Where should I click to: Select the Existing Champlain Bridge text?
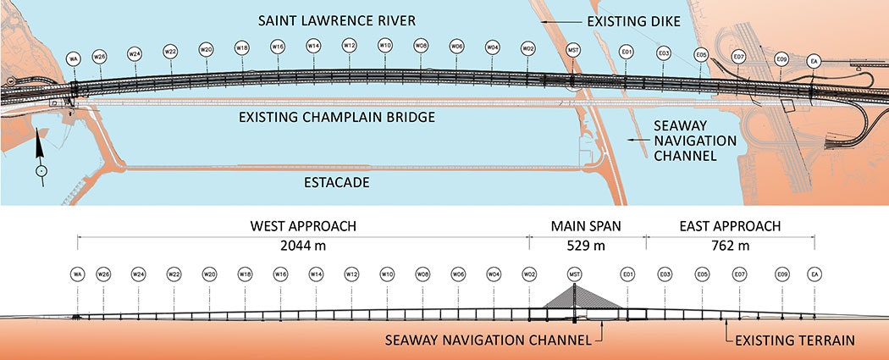pyautogui.click(x=337, y=117)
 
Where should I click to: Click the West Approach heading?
pyautogui.click(x=302, y=227)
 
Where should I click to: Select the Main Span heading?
pyautogui.click(x=587, y=227)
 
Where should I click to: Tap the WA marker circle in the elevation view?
pyautogui.click(x=77, y=274)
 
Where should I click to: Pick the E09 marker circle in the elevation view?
pyautogui.click(x=781, y=274)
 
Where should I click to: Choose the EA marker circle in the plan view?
pyautogui.click(x=814, y=61)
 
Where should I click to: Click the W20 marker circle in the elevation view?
pyautogui.click(x=209, y=274)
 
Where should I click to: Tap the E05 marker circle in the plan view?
pyautogui.click(x=701, y=55)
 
